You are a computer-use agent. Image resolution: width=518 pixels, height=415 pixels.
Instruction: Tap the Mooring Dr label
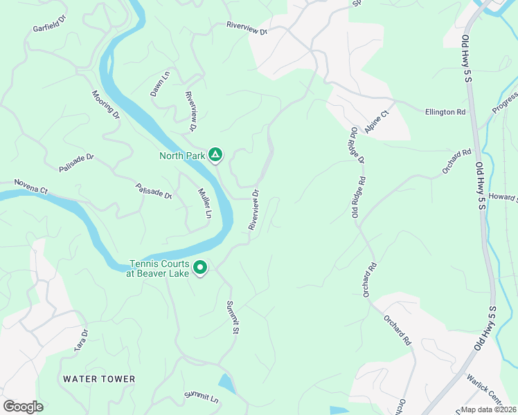(x=106, y=104)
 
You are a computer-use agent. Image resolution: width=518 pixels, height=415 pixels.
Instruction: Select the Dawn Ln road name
(x=160, y=84)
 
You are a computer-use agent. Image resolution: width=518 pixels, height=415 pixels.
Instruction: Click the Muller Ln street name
(x=204, y=203)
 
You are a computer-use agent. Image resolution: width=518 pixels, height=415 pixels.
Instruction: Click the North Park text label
(x=182, y=156)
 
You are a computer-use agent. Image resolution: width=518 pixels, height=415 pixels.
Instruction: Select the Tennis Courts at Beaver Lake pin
(x=200, y=267)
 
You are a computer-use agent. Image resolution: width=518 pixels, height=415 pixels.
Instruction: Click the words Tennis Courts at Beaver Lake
(x=160, y=268)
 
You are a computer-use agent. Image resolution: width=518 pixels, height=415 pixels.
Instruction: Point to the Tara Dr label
(x=82, y=340)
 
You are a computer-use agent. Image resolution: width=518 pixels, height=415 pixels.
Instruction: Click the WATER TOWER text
(x=99, y=379)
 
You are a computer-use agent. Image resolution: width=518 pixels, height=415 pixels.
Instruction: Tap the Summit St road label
(x=233, y=317)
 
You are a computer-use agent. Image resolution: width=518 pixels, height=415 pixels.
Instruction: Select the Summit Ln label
(x=202, y=397)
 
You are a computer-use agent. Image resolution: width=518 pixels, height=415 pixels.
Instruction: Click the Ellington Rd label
(x=445, y=111)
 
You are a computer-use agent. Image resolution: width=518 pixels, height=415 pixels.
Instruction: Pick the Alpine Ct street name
(x=377, y=121)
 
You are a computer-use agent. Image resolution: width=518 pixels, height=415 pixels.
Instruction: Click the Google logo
(x=23, y=407)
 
